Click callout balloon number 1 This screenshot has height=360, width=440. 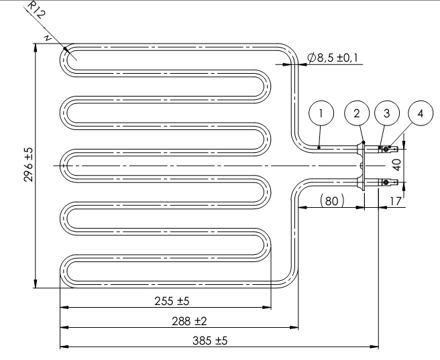tap(321, 114)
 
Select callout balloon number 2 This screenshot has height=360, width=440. tap(356, 114)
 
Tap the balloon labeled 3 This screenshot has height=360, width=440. tap(386, 114)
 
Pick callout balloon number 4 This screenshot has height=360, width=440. tap(420, 114)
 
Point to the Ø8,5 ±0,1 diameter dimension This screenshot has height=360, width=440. tap(334, 58)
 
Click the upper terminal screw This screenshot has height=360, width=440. tap(386, 149)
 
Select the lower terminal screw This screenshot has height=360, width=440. tap(386, 182)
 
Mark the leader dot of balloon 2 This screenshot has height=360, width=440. tap(363, 141)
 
